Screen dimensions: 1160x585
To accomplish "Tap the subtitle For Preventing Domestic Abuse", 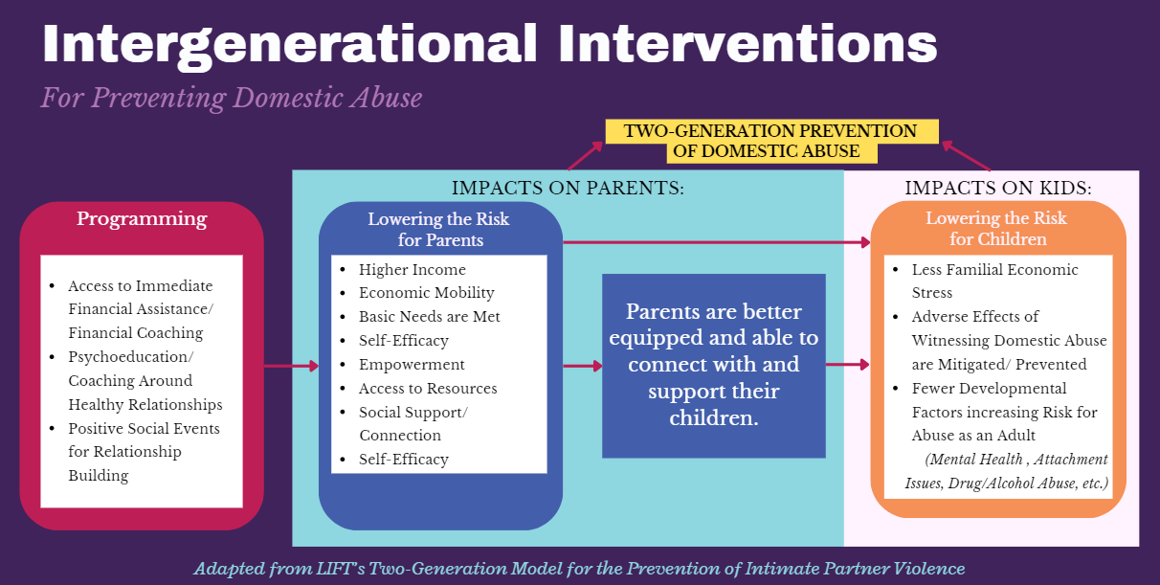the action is tap(231, 98).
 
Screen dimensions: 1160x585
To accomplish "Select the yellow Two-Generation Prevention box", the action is tap(770, 141).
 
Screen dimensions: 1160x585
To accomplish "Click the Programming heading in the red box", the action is tap(142, 219).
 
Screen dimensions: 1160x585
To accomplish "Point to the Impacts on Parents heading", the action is tap(568, 188).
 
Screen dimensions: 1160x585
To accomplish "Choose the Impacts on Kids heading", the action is tap(998, 188).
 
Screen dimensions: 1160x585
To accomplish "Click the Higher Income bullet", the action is tap(413, 270).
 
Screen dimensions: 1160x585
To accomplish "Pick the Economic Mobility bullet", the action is tap(427, 293).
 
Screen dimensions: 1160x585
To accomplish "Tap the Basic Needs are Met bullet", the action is tap(430, 317).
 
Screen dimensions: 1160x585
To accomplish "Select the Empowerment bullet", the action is tap(412, 365).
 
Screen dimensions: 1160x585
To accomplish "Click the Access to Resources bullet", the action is tap(428, 389).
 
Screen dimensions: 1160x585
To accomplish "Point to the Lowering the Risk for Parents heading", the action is tap(438, 229).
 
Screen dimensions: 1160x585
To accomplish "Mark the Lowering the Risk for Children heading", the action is tap(996, 229).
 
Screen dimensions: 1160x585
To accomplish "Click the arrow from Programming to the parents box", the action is tap(291, 366).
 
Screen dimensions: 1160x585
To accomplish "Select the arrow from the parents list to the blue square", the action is tap(583, 366).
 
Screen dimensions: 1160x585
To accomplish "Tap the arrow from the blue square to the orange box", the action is tap(848, 365).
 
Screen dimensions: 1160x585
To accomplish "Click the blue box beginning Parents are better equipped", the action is tap(713, 366).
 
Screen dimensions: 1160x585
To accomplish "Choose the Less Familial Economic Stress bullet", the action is tap(995, 281).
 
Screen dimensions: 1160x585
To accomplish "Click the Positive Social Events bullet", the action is tap(144, 452).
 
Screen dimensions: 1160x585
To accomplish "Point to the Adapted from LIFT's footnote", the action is tap(580, 569).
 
